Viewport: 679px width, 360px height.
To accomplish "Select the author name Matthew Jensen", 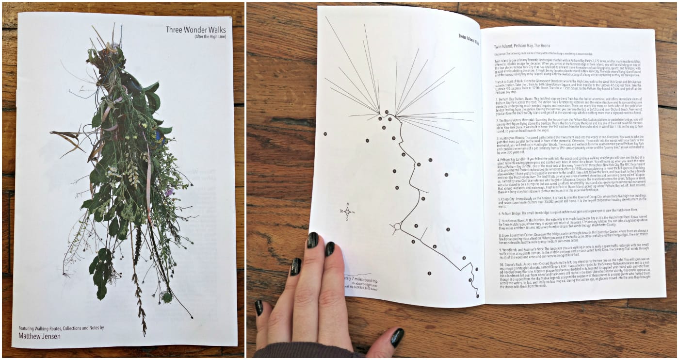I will tap(39, 335).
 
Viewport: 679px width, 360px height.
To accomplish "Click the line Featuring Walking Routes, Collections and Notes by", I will tap(61, 327).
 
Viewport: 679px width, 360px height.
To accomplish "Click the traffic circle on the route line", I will tap(397, 227).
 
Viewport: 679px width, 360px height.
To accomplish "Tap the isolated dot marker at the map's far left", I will tap(325, 134).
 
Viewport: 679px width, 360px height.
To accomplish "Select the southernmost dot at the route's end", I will tap(477, 295).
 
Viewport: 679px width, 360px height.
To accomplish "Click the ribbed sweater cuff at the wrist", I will tap(310, 352).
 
